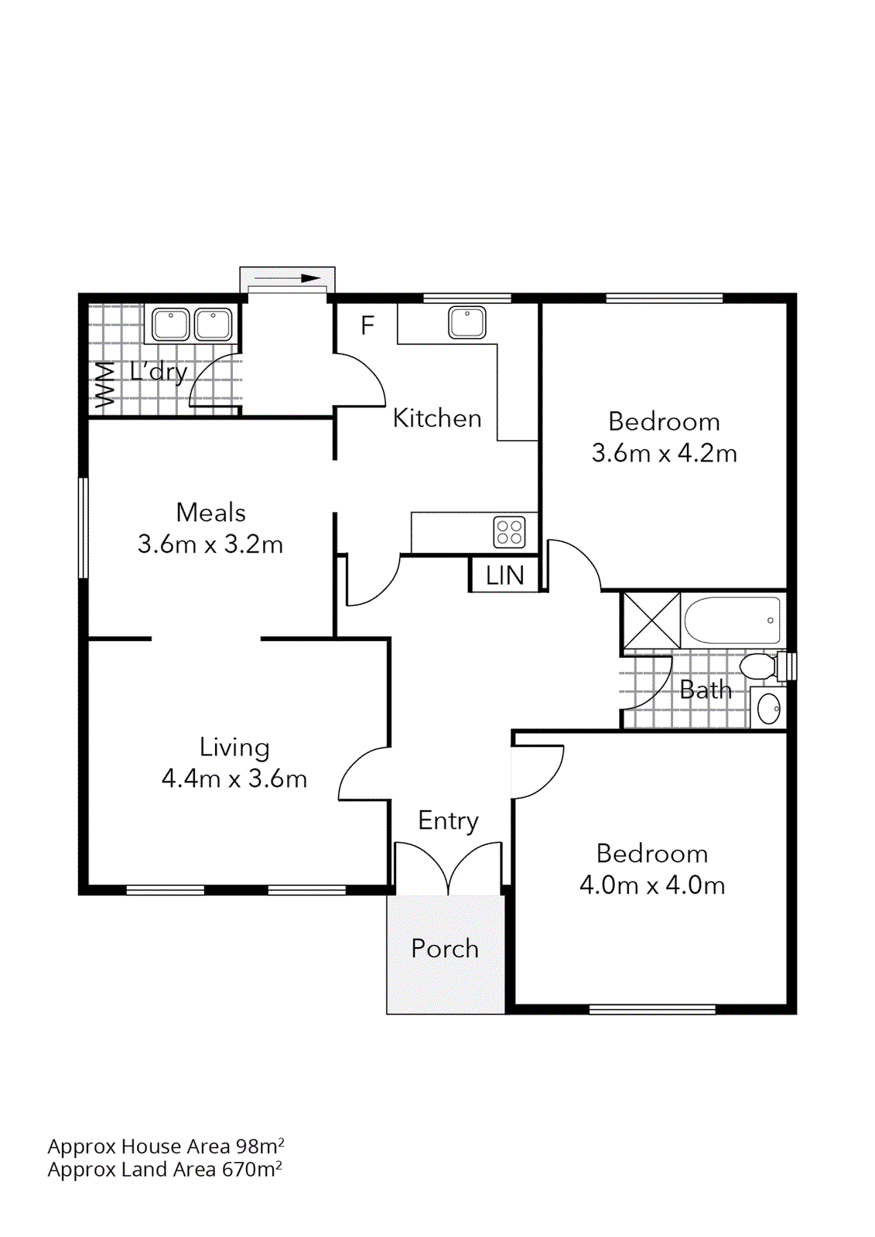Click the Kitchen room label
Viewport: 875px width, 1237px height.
tap(436, 418)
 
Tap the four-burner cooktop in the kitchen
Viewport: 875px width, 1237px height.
tap(509, 533)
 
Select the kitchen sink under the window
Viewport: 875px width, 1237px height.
tap(467, 322)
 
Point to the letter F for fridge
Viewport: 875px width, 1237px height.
tap(367, 325)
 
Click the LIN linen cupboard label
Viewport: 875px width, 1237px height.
tap(504, 576)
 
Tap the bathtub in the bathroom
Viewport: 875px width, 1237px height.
tap(732, 620)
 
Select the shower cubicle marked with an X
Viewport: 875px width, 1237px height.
tap(651, 620)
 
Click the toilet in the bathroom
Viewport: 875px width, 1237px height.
tap(759, 666)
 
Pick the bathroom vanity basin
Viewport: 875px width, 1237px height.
tap(769, 708)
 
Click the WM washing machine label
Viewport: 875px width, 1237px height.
tap(104, 384)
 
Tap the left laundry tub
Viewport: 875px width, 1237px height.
tap(170, 324)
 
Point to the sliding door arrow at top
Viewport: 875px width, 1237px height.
tap(288, 278)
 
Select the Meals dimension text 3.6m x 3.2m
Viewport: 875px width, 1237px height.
tap(210, 544)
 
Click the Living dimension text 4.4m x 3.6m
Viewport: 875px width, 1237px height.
tap(234, 779)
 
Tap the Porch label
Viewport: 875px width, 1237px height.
tap(445, 949)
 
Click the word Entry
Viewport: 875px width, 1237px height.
tap(448, 821)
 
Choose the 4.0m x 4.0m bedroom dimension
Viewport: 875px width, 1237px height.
tap(652, 885)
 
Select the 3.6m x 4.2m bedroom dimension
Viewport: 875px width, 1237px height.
tap(664, 453)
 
